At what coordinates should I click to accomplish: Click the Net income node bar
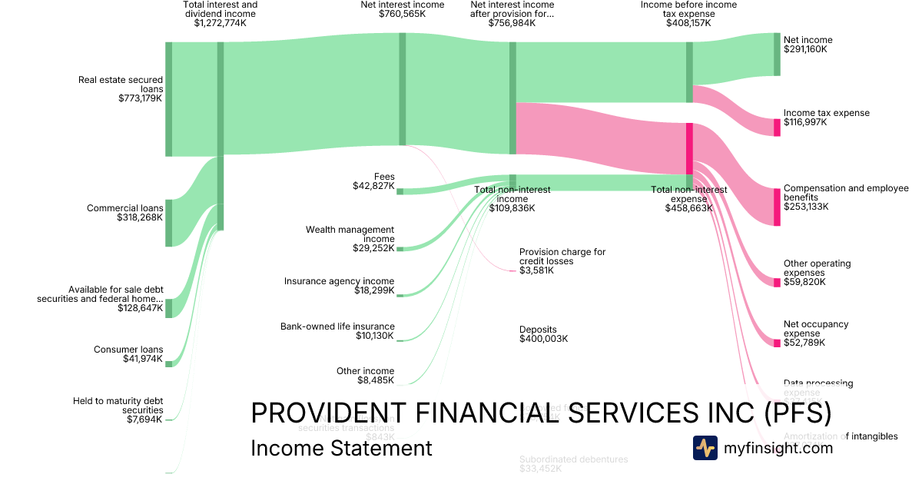click(777, 55)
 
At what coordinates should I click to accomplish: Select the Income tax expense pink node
click(777, 128)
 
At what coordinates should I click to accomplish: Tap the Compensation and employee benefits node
click(777, 206)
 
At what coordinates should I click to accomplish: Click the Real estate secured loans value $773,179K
click(140, 98)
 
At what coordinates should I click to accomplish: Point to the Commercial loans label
click(124, 208)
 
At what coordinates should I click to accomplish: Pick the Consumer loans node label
click(128, 350)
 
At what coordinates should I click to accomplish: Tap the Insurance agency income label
click(339, 281)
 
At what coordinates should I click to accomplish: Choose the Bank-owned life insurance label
click(337, 327)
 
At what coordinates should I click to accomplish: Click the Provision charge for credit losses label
click(562, 257)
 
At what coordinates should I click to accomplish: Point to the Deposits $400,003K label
click(543, 334)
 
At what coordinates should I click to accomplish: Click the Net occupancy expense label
click(816, 329)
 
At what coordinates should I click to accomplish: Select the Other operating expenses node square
click(777, 283)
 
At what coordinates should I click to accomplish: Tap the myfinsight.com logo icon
click(705, 448)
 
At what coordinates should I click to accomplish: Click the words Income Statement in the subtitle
click(341, 448)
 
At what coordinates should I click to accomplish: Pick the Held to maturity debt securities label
click(118, 405)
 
